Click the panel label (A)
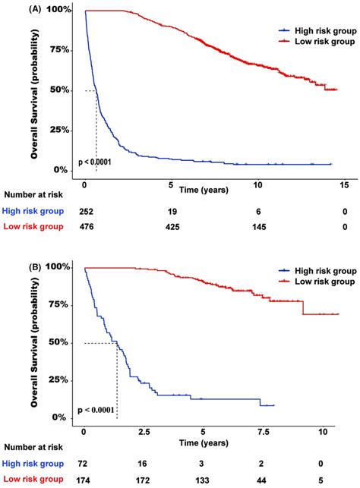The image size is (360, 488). (x=14, y=9)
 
